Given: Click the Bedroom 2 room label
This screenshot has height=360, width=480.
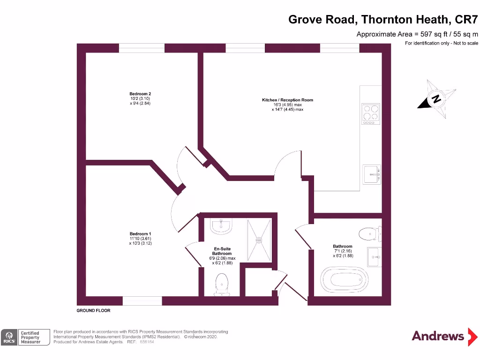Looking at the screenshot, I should pos(140,94).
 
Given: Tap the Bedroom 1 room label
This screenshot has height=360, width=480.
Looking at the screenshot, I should pos(140,234).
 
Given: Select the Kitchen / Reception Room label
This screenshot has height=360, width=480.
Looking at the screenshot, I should pos(287,100).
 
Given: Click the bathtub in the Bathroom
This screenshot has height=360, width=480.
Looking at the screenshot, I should pos(345,280).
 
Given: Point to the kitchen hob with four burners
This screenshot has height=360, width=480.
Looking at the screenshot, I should pos(370,114).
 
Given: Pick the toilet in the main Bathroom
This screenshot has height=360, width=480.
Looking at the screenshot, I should pos(368,233).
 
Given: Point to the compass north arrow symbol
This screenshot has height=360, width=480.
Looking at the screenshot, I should pos(436,99).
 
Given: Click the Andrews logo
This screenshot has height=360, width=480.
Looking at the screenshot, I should pos(438,336).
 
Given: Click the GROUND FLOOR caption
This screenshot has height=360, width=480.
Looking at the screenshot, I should pos(93,310).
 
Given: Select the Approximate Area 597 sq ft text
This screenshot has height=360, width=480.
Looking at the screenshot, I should pos(417,34).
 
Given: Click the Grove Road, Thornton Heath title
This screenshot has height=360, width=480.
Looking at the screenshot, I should pos(383,19).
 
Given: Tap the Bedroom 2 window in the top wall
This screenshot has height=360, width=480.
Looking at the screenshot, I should pos(142,48).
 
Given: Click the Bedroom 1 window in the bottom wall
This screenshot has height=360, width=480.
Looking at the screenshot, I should pos(142,301).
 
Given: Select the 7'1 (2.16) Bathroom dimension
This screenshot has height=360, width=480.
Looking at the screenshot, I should pos(342,251).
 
